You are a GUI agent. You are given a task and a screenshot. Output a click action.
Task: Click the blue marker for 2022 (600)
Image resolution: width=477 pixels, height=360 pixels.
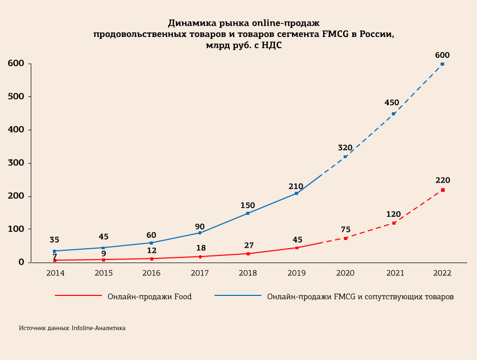[442, 64]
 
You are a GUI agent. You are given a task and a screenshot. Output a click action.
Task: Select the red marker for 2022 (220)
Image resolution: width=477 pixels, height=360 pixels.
[443, 190]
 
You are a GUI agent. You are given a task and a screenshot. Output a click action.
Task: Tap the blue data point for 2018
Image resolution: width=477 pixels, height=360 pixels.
[248, 213]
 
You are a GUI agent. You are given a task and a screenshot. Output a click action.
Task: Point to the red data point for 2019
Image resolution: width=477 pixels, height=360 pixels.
[296, 248]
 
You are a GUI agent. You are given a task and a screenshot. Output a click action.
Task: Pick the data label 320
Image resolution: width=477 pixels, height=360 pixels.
[345, 148]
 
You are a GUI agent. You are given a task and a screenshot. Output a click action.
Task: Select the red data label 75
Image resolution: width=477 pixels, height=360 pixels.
[345, 229]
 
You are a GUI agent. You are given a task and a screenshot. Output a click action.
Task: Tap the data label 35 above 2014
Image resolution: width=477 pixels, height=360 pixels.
[54, 239]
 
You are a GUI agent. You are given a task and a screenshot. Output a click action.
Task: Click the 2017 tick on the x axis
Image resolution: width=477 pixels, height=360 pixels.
[200, 273]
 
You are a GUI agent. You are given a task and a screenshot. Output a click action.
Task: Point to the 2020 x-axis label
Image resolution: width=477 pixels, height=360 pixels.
[345, 273]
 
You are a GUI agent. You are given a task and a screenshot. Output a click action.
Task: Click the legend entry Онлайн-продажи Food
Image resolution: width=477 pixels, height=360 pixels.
[149, 296]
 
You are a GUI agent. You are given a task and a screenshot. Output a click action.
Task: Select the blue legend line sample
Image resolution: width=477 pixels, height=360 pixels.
[238, 296]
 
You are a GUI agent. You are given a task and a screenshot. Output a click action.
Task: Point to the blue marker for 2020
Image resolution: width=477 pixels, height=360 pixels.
[345, 156]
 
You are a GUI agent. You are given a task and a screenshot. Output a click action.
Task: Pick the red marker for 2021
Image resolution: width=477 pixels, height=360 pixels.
[394, 223]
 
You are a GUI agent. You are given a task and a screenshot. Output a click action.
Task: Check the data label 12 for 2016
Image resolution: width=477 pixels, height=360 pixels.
[151, 250]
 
